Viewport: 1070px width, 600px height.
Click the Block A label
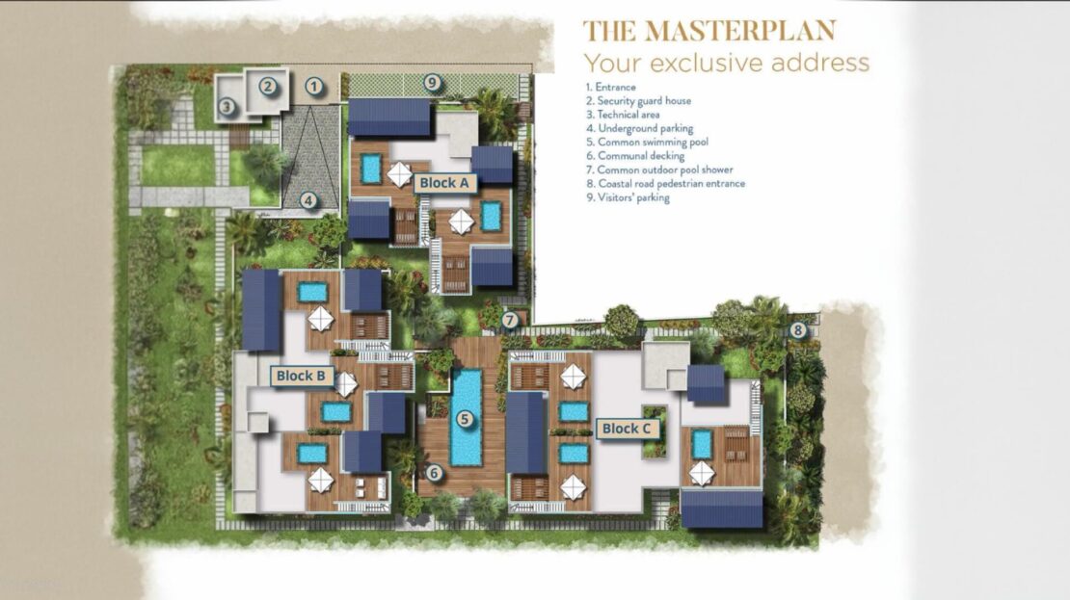pyautogui.click(x=444, y=183)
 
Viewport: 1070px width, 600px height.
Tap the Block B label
pyautogui.click(x=301, y=376)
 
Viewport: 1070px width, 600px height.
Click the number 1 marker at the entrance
pyautogui.click(x=313, y=87)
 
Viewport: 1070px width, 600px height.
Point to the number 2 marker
pyautogui.click(x=268, y=86)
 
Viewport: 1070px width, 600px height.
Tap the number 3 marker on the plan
pyautogui.click(x=227, y=106)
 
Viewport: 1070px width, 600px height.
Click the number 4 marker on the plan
pyautogui.click(x=309, y=200)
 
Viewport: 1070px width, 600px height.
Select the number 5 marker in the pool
pyautogui.click(x=465, y=419)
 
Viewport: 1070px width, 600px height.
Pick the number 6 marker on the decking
pyautogui.click(x=434, y=473)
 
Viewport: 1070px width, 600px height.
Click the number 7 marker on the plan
pyautogui.click(x=510, y=320)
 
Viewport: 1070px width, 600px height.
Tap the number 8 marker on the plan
pyautogui.click(x=798, y=331)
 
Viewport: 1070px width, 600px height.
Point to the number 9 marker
pyautogui.click(x=431, y=83)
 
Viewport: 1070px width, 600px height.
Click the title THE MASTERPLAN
pyautogui.click(x=709, y=32)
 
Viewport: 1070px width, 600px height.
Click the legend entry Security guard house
pyautogui.click(x=639, y=101)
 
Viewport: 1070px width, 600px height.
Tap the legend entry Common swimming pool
pyautogui.click(x=647, y=142)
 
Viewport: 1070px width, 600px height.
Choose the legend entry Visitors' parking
pyautogui.click(x=628, y=197)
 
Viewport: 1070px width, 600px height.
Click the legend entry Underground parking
pyautogui.click(x=639, y=128)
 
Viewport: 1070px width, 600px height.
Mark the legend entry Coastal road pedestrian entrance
pyautogui.click(x=665, y=183)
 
